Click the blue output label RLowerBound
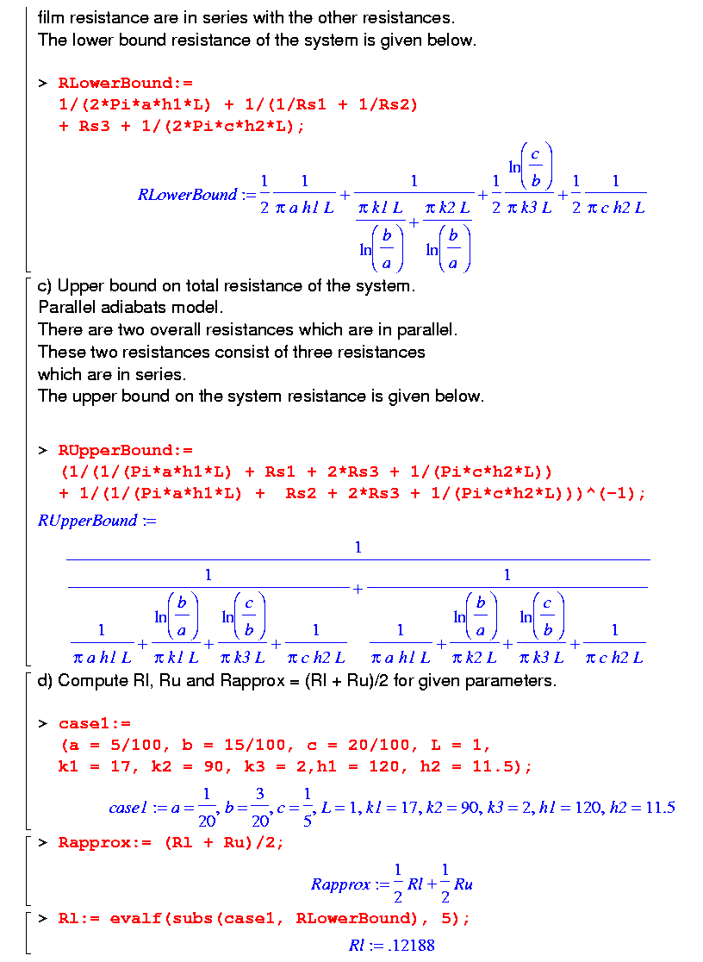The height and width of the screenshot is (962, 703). click(186, 195)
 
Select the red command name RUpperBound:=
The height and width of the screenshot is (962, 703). click(126, 451)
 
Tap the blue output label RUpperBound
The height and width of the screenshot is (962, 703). click(87, 521)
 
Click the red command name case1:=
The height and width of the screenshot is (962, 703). click(95, 723)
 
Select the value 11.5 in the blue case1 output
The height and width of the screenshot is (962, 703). click(661, 808)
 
